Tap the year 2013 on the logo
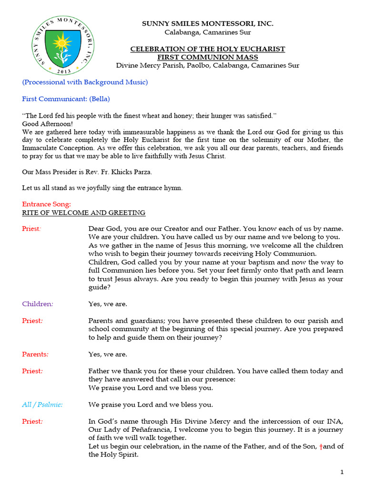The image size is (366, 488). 62,71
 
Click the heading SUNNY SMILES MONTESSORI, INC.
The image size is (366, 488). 208,24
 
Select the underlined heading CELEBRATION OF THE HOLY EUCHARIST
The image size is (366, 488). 208,49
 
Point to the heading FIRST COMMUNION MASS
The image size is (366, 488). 208,57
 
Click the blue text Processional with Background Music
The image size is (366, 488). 85,82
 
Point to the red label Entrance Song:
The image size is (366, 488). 46,204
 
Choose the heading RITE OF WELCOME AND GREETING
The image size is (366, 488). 84,213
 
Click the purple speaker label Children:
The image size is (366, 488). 38,304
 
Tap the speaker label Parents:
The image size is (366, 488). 36,354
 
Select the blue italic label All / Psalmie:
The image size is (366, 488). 42,405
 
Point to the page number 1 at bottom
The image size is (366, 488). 342,472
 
